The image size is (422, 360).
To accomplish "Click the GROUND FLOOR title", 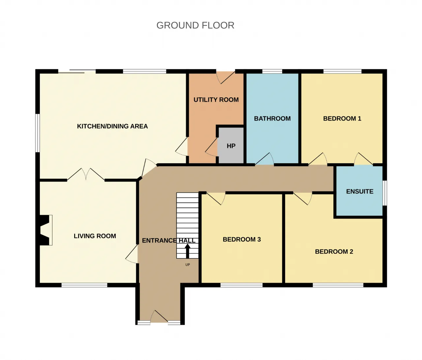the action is (195, 25).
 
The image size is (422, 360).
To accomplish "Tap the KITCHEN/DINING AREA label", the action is (112, 126).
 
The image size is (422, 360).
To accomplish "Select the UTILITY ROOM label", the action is (216, 100).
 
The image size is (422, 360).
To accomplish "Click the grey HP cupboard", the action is (231, 146).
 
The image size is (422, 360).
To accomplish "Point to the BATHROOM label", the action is (272, 118).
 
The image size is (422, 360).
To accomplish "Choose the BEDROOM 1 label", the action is (342, 118).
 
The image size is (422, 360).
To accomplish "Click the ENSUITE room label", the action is (360, 191).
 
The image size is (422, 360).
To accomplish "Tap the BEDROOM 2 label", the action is (334, 251).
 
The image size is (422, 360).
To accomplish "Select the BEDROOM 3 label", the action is (242, 240).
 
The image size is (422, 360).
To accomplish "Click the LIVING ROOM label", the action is (95, 236).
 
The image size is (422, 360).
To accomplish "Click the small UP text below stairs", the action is (187, 265).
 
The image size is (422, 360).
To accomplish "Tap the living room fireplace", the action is (44, 230).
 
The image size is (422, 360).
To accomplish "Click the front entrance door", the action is (159, 317).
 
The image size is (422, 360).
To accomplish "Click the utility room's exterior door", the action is (226, 78).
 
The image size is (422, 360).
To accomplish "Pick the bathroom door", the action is (264, 158).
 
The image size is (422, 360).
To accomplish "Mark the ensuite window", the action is (385, 193).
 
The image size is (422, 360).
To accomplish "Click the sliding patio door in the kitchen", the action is (77, 71).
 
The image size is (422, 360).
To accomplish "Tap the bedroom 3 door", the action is (216, 198).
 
